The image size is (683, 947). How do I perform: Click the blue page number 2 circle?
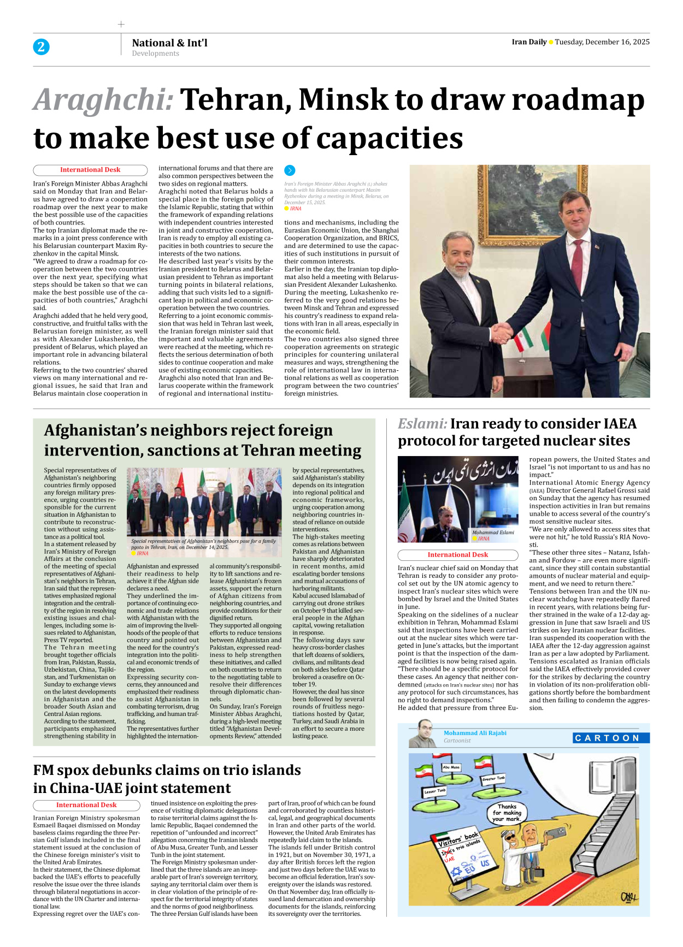41,47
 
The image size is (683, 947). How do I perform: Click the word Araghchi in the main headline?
103,100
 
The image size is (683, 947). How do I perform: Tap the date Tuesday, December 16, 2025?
602,42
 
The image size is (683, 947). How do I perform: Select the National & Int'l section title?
169,43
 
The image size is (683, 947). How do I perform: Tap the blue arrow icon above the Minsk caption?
290,170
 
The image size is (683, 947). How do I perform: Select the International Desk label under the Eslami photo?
457,555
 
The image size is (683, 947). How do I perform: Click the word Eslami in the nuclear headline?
422,424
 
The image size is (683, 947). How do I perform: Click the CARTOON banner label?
611,738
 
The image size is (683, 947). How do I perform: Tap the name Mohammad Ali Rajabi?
475,733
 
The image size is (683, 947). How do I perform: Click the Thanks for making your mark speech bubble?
507,813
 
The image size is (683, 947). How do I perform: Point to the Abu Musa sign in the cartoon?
451,767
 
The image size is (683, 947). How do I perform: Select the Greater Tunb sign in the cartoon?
493,778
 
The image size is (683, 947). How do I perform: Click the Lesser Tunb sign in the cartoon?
435,791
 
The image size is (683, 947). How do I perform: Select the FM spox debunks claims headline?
167,779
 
